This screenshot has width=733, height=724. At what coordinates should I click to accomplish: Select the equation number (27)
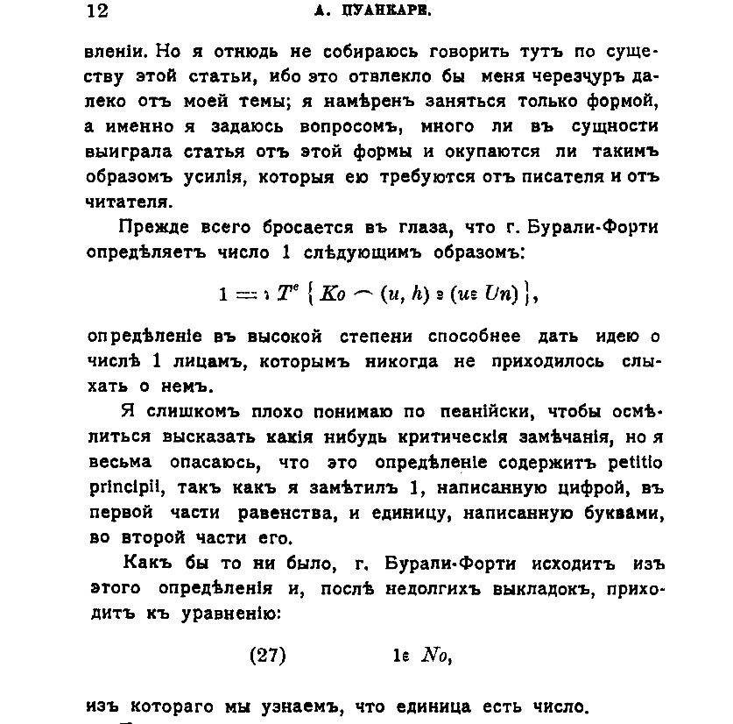267,654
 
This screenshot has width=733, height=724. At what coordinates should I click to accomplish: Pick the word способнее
474,337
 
